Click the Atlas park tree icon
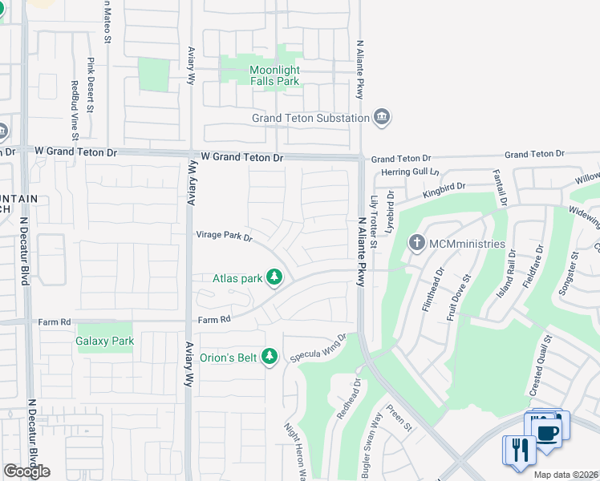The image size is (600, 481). pos(274,278)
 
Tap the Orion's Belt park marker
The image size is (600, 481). pos(270,356)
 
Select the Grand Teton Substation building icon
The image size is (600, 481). pos(381,119)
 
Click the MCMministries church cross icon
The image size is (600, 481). pos(416,243)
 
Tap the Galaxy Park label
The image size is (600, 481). pos(105,341)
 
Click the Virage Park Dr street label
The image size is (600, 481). pos(225,236)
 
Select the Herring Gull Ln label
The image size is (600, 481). pos(411,172)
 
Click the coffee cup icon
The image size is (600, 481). pos(549,432)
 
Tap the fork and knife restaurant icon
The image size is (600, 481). pos(519,450)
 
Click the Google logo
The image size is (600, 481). pos(26,471)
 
